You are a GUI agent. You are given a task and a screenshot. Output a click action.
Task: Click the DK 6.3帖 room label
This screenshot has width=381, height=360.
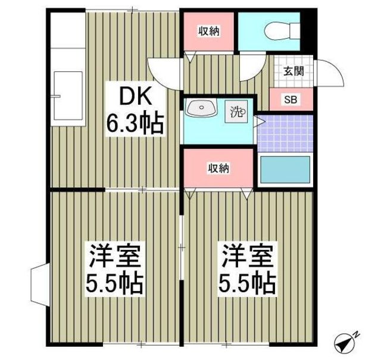[135, 112]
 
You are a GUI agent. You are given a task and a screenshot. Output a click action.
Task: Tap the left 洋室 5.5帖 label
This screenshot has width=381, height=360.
[115, 269]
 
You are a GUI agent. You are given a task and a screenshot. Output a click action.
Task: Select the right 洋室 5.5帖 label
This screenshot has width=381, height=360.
[248, 269]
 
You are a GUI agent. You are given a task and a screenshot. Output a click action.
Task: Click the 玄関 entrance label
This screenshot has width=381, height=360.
[293, 71]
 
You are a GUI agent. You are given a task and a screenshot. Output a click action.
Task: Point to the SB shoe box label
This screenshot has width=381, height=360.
[291, 99]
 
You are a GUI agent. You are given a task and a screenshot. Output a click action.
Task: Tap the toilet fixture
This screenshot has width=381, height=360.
[282, 30]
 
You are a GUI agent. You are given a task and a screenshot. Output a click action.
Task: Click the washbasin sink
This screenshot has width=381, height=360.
[201, 108]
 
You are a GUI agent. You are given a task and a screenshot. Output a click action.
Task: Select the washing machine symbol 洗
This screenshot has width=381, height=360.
[236, 111]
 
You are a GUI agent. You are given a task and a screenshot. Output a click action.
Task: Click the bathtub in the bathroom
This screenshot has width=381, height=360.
[285, 170]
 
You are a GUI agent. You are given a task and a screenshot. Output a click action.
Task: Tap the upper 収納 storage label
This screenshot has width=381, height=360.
[209, 32]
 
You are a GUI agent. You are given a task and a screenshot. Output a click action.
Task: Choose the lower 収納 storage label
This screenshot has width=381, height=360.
[218, 168]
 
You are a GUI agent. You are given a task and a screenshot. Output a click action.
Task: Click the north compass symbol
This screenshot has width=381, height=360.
[344, 342]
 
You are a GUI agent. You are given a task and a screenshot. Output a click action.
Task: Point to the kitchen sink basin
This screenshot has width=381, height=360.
[68, 96]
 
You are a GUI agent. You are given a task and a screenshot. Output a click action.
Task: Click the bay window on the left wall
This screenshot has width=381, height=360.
[40, 284]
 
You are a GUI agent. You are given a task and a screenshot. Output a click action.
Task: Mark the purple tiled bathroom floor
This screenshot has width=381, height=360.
[285, 133]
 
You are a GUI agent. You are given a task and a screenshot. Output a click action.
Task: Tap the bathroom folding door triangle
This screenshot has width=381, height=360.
[258, 121]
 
